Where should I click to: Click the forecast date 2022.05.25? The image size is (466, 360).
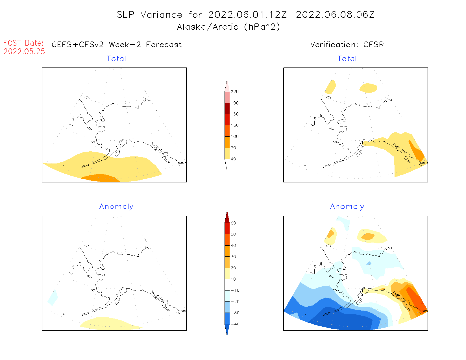pyautogui.click(x=24, y=51)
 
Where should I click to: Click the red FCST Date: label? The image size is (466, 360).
pyautogui.click(x=23, y=43)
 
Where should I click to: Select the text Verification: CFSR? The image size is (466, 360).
pyautogui.click(x=347, y=45)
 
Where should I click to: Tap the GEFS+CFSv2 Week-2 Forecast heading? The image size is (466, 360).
pyautogui.click(x=117, y=45)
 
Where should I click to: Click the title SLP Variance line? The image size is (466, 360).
pyautogui.click(x=245, y=15)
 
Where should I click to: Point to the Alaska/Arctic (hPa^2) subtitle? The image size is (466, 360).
pyautogui.click(x=228, y=27)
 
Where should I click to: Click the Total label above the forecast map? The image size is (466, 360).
pyautogui.click(x=116, y=59)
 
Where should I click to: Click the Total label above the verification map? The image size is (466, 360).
pyautogui.click(x=347, y=59)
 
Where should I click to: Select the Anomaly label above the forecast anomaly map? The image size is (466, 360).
pyautogui.click(x=116, y=207)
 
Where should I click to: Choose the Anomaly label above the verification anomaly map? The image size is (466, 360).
pyautogui.click(x=347, y=207)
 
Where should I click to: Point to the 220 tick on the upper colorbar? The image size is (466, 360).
pyautogui.click(x=234, y=92)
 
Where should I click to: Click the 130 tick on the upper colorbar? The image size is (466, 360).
pyautogui.click(x=234, y=125)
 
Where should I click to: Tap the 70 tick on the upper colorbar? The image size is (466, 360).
pyautogui.click(x=233, y=148)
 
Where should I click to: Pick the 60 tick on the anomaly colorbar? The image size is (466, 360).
pyautogui.click(x=233, y=223)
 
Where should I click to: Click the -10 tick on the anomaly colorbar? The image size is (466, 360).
pyautogui.click(x=235, y=290)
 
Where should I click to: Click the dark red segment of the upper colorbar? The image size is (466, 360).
pyautogui.click(x=227, y=108)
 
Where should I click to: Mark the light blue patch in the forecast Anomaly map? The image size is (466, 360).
pyautogui.click(x=53, y=298)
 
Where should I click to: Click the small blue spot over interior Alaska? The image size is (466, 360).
pyautogui.click(x=369, y=263)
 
